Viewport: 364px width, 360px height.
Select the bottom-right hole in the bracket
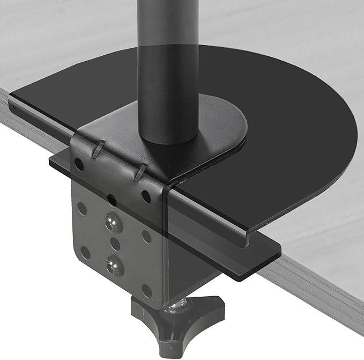(x=146, y=290)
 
